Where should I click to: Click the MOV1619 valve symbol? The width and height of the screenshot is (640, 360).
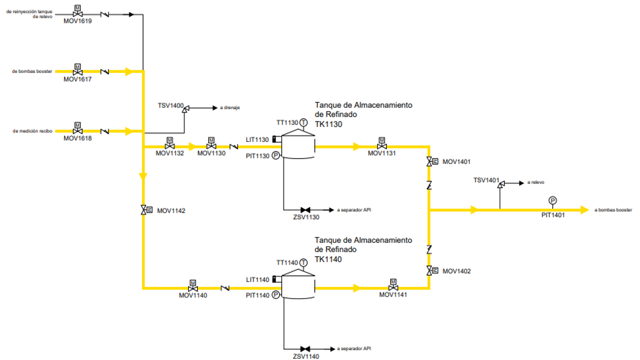(78, 14)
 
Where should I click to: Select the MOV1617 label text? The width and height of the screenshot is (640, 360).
(78, 79)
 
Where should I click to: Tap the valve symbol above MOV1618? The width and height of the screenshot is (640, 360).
(78, 131)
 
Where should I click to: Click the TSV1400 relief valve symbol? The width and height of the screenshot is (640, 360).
(185, 109)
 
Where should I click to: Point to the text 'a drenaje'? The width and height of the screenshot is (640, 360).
(230, 108)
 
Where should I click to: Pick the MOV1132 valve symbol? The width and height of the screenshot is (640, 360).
(170, 146)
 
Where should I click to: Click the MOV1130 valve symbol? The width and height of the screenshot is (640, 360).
(211, 146)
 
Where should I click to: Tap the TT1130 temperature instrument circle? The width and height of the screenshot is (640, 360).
(303, 122)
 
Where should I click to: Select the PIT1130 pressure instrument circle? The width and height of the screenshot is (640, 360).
(276, 156)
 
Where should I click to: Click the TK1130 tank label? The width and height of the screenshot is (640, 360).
(329, 124)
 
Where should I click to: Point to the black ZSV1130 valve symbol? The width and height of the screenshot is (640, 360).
(305, 210)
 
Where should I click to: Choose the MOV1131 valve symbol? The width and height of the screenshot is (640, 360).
(382, 146)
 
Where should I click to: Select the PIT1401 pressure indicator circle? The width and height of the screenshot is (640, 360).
(553, 201)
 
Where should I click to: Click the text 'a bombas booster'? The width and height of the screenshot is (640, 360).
(613, 210)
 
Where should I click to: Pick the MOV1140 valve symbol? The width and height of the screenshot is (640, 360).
(192, 288)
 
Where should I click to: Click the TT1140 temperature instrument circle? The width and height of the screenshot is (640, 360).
(303, 262)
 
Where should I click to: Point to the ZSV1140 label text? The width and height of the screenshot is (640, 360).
(306, 357)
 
